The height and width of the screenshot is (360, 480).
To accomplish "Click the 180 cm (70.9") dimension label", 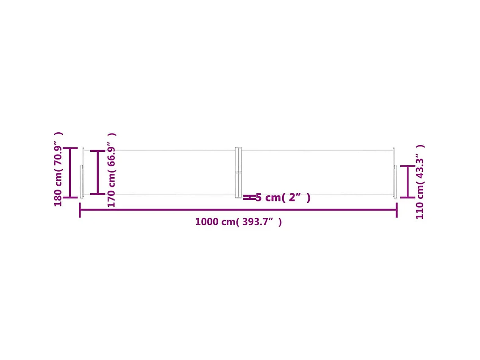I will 58,169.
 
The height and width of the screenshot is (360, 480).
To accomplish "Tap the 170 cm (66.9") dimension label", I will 111,170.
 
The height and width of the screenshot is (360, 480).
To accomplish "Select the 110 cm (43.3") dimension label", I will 419,182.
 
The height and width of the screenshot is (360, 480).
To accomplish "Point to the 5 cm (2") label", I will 283,198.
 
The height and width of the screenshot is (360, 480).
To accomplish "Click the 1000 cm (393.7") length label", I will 238,222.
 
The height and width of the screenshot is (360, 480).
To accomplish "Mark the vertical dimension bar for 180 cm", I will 70,173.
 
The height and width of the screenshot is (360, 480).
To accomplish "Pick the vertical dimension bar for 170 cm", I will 97,173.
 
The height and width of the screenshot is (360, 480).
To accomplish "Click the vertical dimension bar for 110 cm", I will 408,182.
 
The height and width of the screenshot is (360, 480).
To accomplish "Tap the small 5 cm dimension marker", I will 249,197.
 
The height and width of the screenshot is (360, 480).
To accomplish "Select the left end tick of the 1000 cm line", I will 80,210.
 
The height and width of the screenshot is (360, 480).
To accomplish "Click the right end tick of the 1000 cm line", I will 397,210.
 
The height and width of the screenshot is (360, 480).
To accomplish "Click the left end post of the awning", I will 83,173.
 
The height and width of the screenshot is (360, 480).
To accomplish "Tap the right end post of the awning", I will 394,173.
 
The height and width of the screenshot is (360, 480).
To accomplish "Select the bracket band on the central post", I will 239,172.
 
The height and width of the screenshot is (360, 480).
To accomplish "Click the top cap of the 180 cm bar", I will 70,148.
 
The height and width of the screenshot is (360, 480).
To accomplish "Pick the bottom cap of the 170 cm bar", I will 97,194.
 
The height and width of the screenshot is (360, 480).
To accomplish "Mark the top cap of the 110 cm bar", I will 408,166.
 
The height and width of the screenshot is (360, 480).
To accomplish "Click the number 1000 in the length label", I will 206,222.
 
